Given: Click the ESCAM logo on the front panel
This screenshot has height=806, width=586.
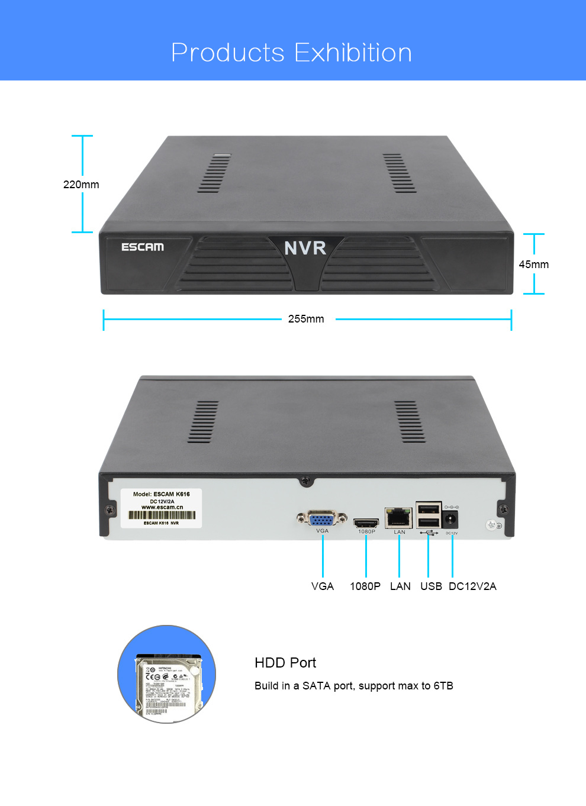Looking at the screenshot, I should [143, 247].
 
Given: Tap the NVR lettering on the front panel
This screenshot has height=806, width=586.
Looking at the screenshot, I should [305, 248].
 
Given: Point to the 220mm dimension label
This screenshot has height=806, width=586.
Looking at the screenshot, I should [81, 185].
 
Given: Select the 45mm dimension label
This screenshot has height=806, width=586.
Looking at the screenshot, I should [533, 265].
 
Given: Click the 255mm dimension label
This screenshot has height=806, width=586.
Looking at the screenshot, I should [306, 319].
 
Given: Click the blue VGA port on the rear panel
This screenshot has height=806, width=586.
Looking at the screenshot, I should [321, 519].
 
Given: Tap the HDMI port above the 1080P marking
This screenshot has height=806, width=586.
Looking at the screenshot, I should [366, 523].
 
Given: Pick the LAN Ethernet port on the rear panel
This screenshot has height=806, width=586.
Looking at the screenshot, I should [399, 518].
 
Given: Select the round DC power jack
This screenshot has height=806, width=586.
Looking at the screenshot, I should [450, 520].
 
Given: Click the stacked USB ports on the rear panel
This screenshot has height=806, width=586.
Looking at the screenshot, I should [429, 515].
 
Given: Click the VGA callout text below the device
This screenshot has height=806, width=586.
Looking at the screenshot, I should [323, 586].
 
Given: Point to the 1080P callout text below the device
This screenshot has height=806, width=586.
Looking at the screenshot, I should [365, 586].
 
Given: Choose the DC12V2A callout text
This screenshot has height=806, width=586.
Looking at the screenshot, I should [472, 586].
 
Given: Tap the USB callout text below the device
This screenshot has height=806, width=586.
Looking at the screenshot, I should [431, 586].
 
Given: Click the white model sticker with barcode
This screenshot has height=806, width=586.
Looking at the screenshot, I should [161, 508].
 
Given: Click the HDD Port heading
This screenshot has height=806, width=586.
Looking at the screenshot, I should [285, 663].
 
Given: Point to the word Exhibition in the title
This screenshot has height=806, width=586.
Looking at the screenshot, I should [353, 53].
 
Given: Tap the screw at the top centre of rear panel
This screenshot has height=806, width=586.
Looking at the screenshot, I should [305, 481].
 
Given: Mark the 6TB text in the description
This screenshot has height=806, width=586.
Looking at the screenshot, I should [443, 686].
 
